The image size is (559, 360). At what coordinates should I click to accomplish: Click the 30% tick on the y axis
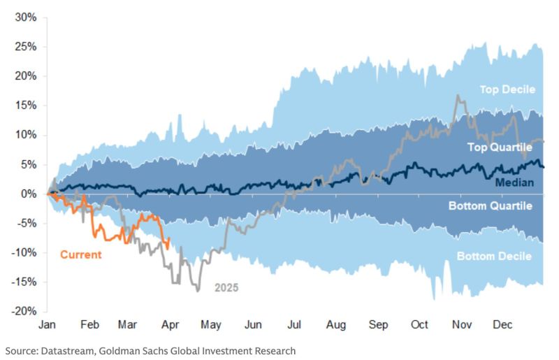pos(25,17)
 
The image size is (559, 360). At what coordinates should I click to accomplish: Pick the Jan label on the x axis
pos(48,326)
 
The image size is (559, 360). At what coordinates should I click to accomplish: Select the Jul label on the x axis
pos(294,326)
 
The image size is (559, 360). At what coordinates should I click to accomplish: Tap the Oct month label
pos(419,326)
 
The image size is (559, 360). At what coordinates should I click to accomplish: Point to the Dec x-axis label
pos(503,326)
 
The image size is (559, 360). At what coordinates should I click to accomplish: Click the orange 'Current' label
pos(80,254)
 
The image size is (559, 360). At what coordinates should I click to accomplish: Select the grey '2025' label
pos(226,287)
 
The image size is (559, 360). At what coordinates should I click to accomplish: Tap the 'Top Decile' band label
pos(507,89)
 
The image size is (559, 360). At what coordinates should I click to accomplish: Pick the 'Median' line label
pos(514,182)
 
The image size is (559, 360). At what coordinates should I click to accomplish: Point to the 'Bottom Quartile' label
pos(490,206)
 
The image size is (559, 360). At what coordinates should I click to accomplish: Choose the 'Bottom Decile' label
pos(494,257)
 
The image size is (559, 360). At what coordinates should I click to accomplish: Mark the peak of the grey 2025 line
pos(458,95)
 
